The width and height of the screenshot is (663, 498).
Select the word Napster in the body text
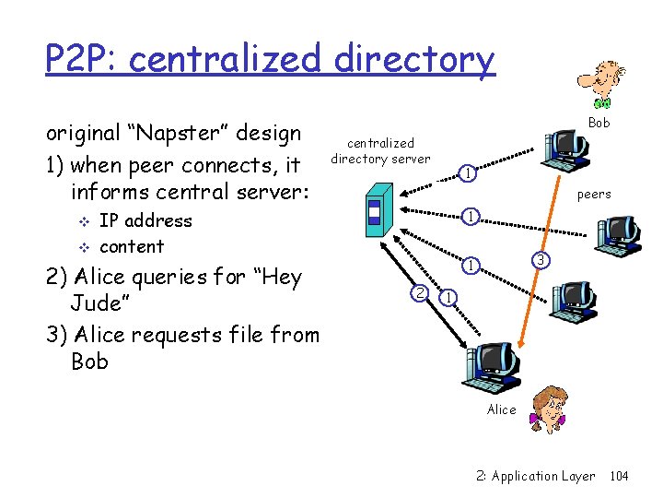click(174, 133)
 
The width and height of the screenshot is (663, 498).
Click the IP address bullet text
click(145, 220)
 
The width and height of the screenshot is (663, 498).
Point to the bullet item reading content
click(131, 246)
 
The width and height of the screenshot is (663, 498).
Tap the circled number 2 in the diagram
click(419, 293)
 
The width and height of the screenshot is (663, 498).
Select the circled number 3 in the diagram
click(542, 261)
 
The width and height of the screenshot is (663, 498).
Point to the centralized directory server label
click(380, 150)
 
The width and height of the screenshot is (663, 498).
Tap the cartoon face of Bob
click(603, 84)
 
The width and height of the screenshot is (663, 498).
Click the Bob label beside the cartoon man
click(599, 123)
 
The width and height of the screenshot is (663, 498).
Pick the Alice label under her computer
click(501, 409)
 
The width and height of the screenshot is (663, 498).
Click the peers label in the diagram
click(593, 195)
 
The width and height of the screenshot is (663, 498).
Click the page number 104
click(619, 476)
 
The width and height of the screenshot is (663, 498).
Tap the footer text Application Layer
click(542, 476)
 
